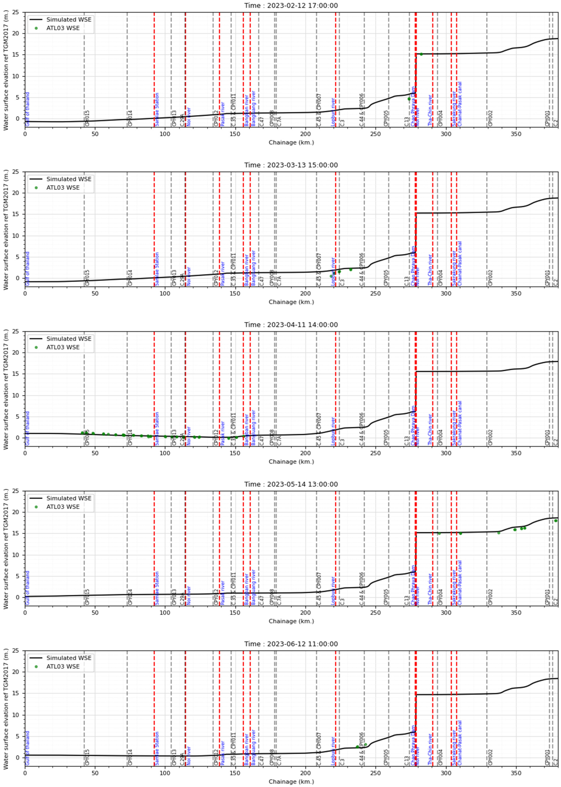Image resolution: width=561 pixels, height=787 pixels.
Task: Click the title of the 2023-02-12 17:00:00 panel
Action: (x=291, y=6)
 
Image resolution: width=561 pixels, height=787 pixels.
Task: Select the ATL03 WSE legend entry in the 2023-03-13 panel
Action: (x=63, y=188)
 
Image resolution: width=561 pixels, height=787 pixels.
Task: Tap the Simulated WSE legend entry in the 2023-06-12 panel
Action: (x=69, y=658)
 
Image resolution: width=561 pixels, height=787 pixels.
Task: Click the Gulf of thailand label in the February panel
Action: (x=28, y=109)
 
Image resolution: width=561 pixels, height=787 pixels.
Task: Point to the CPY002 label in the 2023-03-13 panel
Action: (x=490, y=278)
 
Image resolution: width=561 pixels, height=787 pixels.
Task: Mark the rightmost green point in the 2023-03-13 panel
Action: (x=351, y=269)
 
